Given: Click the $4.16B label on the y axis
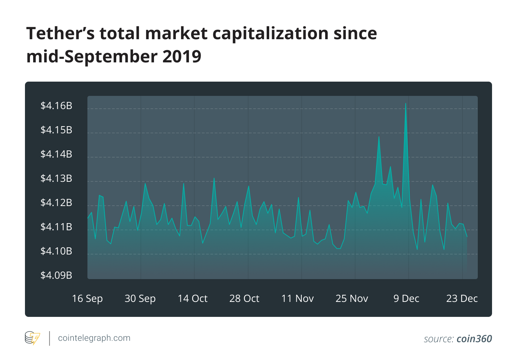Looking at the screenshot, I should click(x=56, y=106).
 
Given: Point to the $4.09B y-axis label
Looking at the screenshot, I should click(x=56, y=276).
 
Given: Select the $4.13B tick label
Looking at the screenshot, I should click(x=56, y=179).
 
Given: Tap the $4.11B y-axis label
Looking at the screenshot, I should click(x=56, y=227).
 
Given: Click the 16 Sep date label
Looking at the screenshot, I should click(x=87, y=299).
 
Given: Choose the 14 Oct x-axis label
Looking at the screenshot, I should click(x=193, y=299).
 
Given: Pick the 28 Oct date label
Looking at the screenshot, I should click(x=244, y=299).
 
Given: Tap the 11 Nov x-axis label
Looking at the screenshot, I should click(x=297, y=299).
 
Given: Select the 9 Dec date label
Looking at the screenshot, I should click(x=406, y=299).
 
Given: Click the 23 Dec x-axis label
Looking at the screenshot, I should click(x=462, y=299).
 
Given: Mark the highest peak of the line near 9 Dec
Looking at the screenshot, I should click(x=406, y=104).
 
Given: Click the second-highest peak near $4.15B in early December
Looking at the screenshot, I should click(x=379, y=137).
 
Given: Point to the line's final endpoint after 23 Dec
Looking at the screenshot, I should click(x=467, y=237).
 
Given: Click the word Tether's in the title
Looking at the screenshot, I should click(x=61, y=34).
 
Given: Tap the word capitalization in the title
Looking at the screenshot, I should click(x=270, y=34).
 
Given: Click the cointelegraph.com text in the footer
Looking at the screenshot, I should click(x=94, y=338).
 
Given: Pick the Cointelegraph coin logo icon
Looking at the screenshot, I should click(x=32, y=338).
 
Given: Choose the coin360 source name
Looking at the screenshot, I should click(x=474, y=339).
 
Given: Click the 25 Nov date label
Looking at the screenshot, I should click(x=352, y=299).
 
